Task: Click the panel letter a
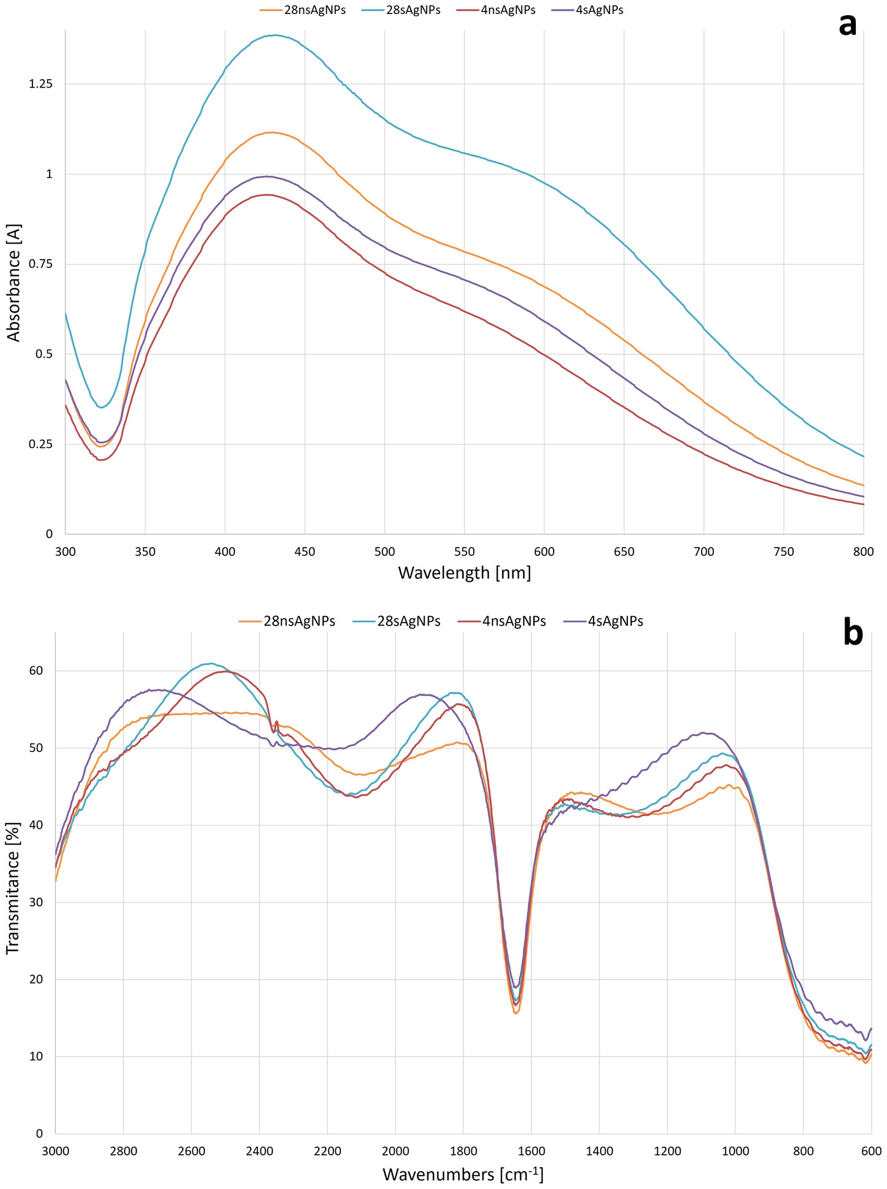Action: [847, 25]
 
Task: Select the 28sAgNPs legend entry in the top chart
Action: [413, 10]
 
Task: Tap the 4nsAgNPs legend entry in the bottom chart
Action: [513, 621]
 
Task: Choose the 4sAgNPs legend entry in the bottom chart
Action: [615, 621]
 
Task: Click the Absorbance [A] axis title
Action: [14, 282]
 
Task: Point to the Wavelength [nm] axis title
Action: [464, 572]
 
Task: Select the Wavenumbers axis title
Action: [463, 1174]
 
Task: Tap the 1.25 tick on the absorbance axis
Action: [41, 84]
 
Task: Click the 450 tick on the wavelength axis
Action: [305, 551]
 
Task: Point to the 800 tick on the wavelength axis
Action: [864, 551]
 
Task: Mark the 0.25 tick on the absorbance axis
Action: [41, 443]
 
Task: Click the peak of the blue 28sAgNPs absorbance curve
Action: [274, 36]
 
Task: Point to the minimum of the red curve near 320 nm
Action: [100, 459]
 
